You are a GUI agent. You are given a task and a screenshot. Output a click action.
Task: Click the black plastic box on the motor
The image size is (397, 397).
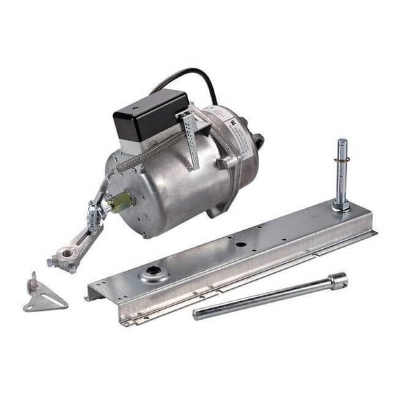[150, 113]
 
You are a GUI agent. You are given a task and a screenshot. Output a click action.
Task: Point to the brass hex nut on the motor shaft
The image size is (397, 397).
[120, 202]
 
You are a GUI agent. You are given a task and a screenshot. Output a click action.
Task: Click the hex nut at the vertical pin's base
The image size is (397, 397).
[340, 205]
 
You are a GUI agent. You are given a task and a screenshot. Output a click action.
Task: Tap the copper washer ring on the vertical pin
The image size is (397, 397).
[342, 159]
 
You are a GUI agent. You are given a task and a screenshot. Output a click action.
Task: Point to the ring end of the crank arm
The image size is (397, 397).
[68, 259]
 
